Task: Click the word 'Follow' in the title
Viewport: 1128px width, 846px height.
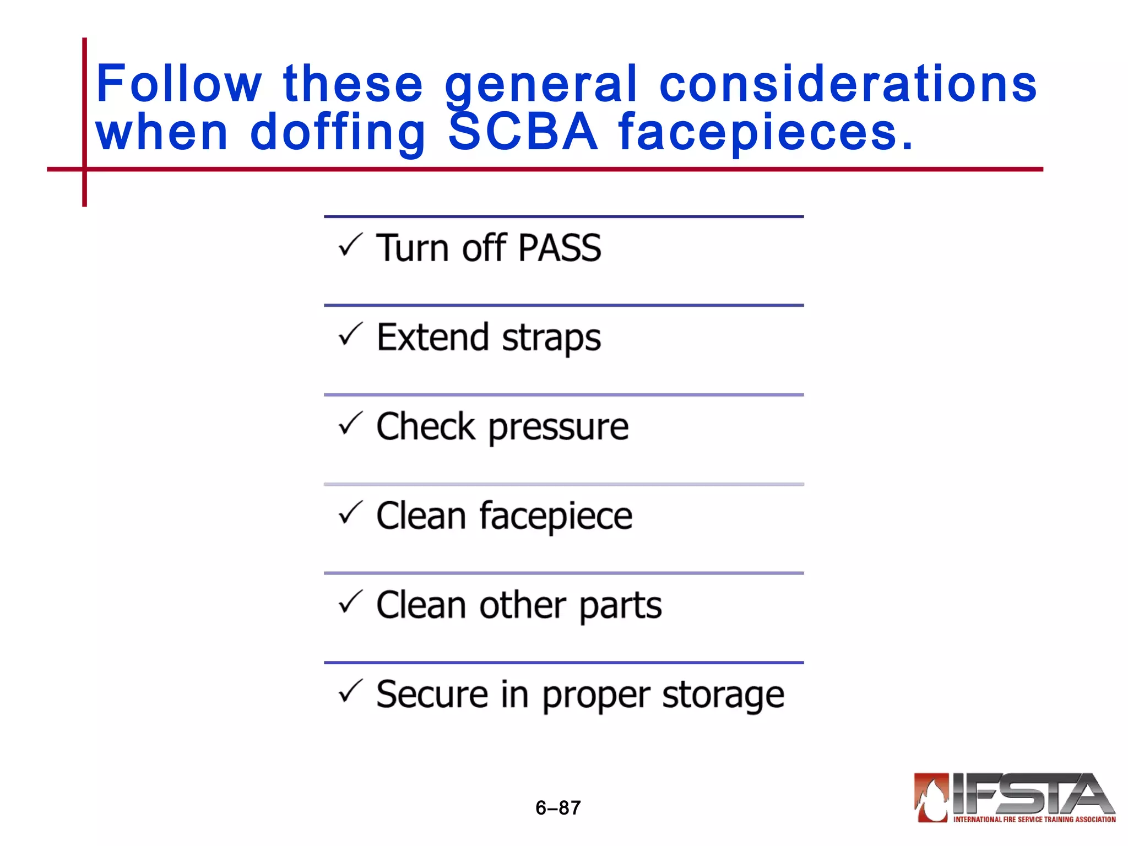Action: (x=179, y=84)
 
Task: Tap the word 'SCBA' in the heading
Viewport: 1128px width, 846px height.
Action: (x=523, y=132)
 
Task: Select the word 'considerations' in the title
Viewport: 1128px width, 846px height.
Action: (x=848, y=84)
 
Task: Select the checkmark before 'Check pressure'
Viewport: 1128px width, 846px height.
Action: (x=350, y=424)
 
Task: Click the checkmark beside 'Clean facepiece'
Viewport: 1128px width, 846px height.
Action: (x=350, y=513)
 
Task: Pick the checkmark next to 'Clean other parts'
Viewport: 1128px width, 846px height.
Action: (x=350, y=602)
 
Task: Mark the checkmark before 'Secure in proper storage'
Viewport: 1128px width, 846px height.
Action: (x=350, y=691)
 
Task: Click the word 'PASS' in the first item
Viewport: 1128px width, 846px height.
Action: (x=560, y=248)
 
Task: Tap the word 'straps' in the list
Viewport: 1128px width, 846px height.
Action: (x=551, y=339)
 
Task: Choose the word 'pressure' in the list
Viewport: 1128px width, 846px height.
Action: (x=558, y=428)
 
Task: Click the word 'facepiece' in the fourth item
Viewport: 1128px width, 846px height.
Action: (x=556, y=517)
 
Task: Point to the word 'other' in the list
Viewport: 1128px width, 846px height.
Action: (x=523, y=605)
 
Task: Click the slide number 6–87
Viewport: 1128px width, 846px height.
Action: (x=558, y=808)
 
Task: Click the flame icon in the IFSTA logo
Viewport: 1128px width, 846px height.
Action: (x=931, y=797)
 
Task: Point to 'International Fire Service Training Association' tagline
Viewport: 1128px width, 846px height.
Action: (x=1034, y=820)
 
